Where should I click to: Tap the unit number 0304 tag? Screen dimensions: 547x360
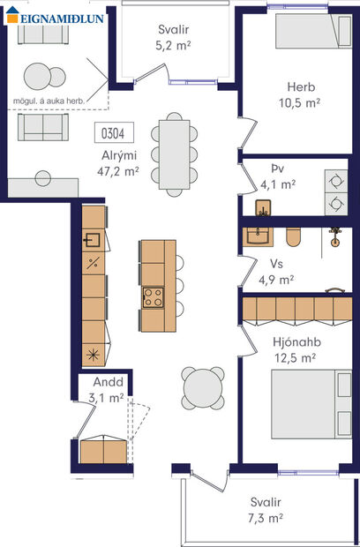pyautogui.click(x=112, y=134)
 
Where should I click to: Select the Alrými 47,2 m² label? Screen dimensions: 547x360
pyautogui.click(x=119, y=163)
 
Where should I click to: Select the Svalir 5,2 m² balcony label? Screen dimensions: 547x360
pyautogui.click(x=173, y=35)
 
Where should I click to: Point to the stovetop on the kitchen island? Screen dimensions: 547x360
pyautogui.click(x=153, y=297)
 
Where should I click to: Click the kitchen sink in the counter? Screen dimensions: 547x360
pyautogui.click(x=92, y=240)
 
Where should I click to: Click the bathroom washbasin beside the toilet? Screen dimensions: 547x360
pyautogui.click(x=260, y=236)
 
